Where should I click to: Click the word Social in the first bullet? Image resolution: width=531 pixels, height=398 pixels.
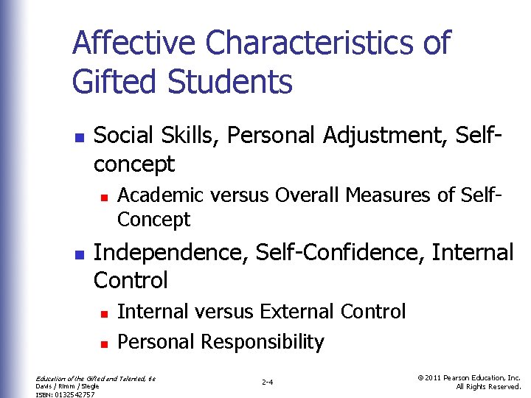[122, 135]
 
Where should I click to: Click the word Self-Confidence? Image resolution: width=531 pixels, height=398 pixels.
[338, 252]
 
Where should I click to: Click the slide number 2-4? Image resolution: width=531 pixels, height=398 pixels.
[268, 383]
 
